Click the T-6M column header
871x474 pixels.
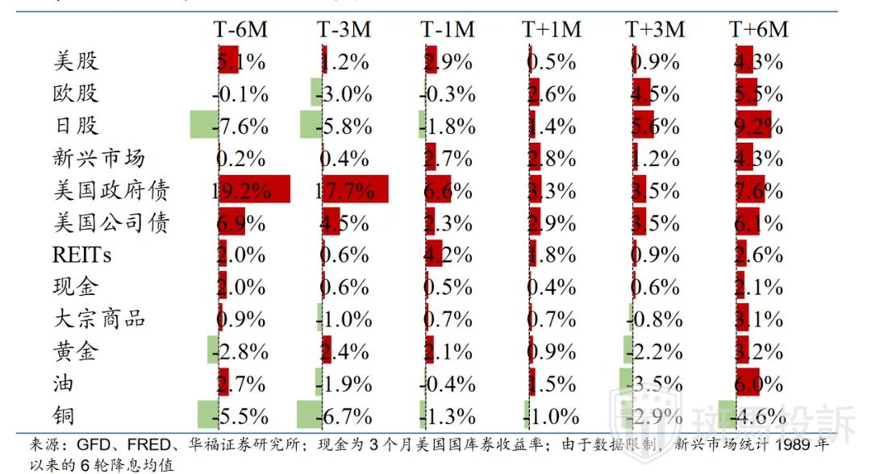point(240,29)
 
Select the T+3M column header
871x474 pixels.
point(655,29)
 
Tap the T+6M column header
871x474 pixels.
point(758,29)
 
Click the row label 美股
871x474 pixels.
point(76,61)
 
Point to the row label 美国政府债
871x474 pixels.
point(111,190)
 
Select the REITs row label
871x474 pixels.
point(82,255)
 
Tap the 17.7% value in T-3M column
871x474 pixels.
point(345,191)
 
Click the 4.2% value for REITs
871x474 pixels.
point(448,255)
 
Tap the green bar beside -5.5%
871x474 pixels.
point(207,414)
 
